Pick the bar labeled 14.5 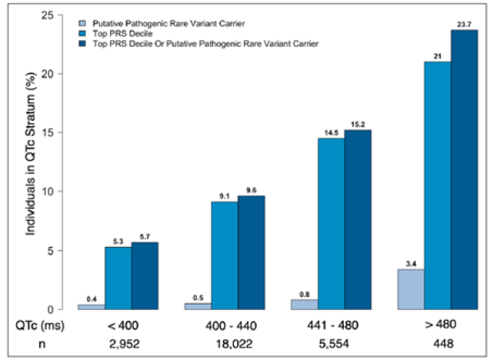[331, 224]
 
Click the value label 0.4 [91, 299]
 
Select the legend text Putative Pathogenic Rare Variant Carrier [168, 23]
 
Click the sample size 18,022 [224, 344]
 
